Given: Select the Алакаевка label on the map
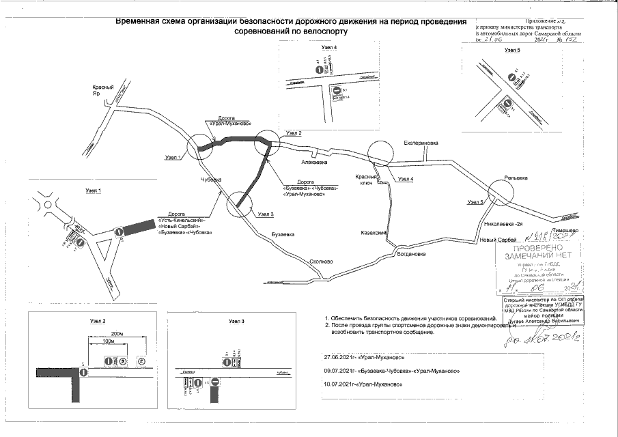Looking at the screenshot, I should point(314,163).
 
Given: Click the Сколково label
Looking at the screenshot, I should point(320,260).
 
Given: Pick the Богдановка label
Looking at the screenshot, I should point(412,254).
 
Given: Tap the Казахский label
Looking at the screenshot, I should point(374,233).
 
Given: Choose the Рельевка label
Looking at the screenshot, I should point(516,178).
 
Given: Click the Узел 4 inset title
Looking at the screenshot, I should point(330,47).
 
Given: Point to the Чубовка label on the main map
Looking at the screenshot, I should point(212,180).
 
